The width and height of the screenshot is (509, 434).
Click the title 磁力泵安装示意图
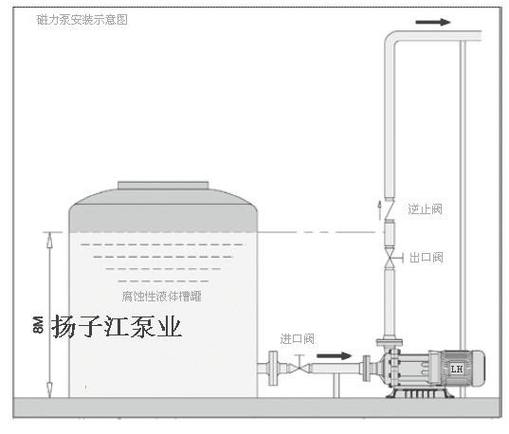tap(82, 20)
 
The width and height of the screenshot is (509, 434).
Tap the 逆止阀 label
tap(425, 208)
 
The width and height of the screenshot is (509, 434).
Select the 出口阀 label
tap(427, 258)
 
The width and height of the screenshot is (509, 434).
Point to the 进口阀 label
tap(297, 339)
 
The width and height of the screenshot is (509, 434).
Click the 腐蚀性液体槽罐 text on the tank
tap(162, 296)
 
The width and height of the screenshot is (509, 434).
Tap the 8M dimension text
tap(38, 325)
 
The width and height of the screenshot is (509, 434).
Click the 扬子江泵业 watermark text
tap(117, 327)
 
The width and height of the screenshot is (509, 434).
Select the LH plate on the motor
tap(457, 369)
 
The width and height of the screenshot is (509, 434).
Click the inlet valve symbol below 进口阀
tap(300, 367)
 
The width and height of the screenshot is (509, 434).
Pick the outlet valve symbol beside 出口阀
tap(391, 258)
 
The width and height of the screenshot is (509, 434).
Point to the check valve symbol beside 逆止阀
tap(390, 210)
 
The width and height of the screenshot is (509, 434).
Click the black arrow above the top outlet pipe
tap(433, 22)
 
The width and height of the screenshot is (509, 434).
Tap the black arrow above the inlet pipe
tap(334, 355)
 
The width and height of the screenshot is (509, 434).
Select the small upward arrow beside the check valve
tap(379, 209)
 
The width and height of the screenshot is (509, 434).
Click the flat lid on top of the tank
tap(163, 186)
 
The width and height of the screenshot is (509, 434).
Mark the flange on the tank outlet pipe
tap(273, 368)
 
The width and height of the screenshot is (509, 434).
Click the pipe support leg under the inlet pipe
tap(336, 386)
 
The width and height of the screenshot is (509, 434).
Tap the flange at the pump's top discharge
tap(390, 342)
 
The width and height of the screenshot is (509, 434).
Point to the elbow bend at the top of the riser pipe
tap(391, 39)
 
